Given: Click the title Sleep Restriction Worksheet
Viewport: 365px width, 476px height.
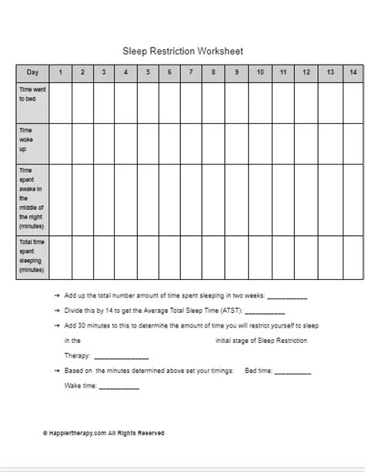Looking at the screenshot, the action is [x=183, y=52].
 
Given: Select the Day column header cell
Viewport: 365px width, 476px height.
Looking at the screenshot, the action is [x=32, y=72].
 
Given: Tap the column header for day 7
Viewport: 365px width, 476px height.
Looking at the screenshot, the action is [x=191, y=72].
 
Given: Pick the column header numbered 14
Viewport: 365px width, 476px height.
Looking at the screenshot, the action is [x=353, y=72].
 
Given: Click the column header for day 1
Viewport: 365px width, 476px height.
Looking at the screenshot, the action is [x=60, y=72].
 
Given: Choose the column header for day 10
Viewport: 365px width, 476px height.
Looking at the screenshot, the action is [x=261, y=72].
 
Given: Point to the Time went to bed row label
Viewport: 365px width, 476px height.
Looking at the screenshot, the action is [x=32, y=95].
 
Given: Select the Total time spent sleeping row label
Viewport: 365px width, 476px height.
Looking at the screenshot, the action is [x=32, y=257].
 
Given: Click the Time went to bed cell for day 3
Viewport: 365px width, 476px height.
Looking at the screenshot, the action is [x=103, y=102].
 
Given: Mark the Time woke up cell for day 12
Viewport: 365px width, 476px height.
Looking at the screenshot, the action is [x=306, y=143].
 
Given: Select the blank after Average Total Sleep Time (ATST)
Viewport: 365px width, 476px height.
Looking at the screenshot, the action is [x=265, y=311].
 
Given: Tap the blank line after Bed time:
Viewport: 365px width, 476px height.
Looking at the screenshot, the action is [x=293, y=371].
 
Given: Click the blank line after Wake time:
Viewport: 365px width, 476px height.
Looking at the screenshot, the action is [x=119, y=388].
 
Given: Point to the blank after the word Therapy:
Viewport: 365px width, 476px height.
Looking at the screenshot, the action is [x=121, y=357].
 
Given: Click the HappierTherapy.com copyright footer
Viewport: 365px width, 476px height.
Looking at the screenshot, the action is [x=104, y=434].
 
